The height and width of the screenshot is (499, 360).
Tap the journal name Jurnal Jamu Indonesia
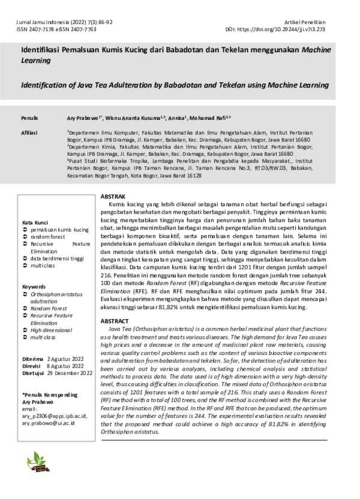(x=40, y=22)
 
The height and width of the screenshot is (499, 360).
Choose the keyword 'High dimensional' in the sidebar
(x=53, y=330)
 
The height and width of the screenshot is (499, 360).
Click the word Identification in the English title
(x=48, y=85)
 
